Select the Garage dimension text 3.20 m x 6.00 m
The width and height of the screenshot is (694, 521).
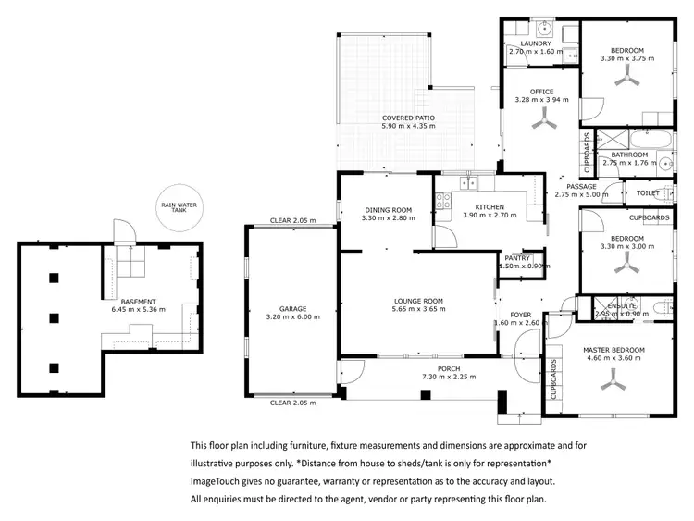pyautogui.click(x=292, y=317)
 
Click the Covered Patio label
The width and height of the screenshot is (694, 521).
pyautogui.click(x=408, y=118)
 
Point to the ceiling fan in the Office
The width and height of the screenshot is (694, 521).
pyautogui.click(x=541, y=119)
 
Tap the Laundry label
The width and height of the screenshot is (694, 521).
pyautogui.click(x=536, y=43)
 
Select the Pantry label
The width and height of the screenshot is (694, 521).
pyautogui.click(x=516, y=258)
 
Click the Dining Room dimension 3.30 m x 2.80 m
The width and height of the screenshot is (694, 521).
pyautogui.click(x=388, y=218)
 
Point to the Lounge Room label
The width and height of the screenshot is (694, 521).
pyautogui.click(x=419, y=302)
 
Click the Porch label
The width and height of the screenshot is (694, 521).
pyautogui.click(x=421, y=368)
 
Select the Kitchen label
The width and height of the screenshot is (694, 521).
pyautogui.click(x=488, y=206)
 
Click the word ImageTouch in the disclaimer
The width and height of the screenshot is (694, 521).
pyautogui.click(x=217, y=481)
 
